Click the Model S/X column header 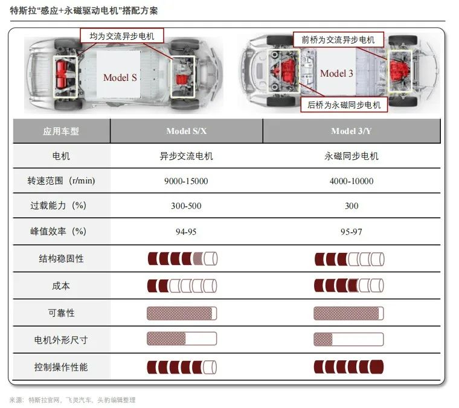186,131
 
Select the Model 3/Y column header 351,131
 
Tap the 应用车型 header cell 61,131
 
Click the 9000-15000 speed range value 186,181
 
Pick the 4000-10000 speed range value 351,181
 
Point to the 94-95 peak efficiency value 186,231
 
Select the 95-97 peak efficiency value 351,231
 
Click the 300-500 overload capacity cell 186,206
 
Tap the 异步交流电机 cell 186,156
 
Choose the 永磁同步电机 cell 351,156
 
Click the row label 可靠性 61,313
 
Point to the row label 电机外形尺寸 61,340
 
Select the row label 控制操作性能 61,367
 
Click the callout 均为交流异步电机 121,36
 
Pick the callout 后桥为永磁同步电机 344,105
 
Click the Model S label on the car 120,77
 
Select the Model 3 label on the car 336,73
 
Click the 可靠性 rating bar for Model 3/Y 349,313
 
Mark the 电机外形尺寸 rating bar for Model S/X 182,339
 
